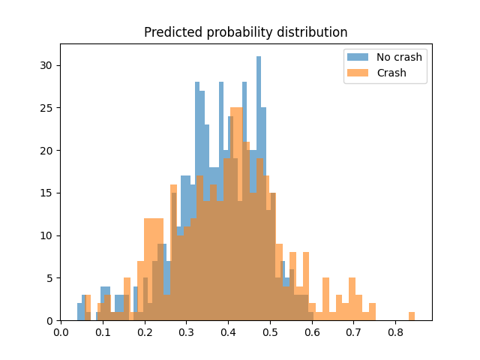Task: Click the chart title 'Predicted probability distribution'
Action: click(245, 33)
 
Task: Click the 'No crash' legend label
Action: click(399, 57)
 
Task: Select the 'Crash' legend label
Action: click(392, 73)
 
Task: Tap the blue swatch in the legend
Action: click(358, 57)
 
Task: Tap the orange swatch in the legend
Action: click(358, 73)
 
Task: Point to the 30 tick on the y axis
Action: click(47, 65)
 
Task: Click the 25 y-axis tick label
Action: click(47, 108)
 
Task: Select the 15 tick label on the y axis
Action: click(47, 193)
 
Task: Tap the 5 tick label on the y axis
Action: click(50, 278)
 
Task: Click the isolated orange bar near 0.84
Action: click(412, 316)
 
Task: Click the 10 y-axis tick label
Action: click(47, 235)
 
